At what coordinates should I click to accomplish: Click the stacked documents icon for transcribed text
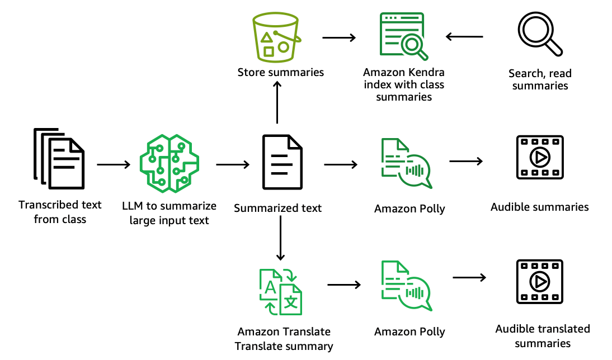59,159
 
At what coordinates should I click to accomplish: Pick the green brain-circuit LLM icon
169,163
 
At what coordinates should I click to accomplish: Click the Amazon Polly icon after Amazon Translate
406,286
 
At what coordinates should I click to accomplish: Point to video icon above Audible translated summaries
539,282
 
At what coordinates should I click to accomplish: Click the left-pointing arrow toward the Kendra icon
464,37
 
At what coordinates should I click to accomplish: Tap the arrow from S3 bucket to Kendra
339,37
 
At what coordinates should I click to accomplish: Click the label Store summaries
280,72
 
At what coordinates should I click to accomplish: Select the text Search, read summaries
540,79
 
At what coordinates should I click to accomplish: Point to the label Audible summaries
539,207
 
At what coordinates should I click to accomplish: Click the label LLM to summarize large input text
169,213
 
